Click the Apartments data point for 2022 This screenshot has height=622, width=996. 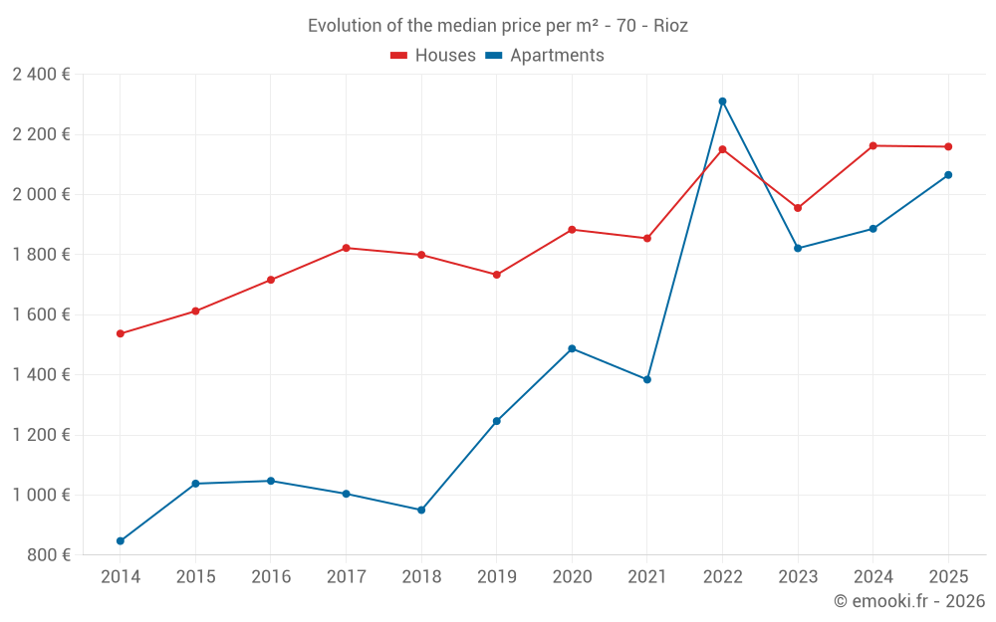[722, 102]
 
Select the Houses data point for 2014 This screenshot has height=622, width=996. [121, 333]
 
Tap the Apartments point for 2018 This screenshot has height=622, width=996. [421, 510]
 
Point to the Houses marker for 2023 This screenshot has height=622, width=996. [798, 208]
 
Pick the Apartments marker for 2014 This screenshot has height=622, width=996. [121, 540]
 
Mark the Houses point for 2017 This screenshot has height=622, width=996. [346, 248]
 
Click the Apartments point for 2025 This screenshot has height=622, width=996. [948, 175]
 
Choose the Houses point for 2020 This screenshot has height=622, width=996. [572, 230]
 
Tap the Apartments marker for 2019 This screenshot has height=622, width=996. [497, 421]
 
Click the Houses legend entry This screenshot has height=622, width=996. [433, 56]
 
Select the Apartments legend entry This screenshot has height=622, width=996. [545, 56]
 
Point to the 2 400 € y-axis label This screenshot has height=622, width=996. [41, 75]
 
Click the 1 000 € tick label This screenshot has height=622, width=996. [41, 495]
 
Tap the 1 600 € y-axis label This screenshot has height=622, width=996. [41, 314]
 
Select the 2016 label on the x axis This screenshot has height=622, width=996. [271, 576]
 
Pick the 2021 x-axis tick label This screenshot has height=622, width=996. [647, 576]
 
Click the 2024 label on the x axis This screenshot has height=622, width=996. [872, 576]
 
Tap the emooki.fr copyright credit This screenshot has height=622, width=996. [909, 601]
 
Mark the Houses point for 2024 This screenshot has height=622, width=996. [872, 146]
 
